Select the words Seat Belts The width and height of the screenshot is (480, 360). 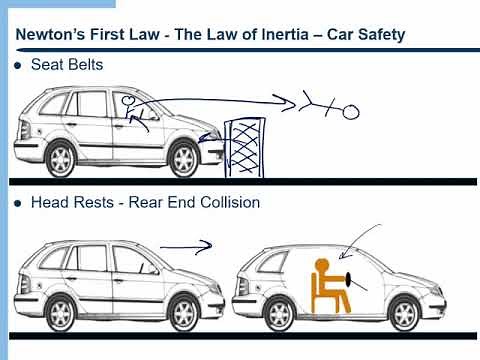(71, 67)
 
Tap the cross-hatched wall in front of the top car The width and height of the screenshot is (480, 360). (243, 148)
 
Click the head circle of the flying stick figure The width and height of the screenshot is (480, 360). (351, 113)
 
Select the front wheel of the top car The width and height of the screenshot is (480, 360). (185, 157)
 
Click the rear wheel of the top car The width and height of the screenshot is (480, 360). (61, 159)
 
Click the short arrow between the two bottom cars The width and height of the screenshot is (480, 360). (186, 243)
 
